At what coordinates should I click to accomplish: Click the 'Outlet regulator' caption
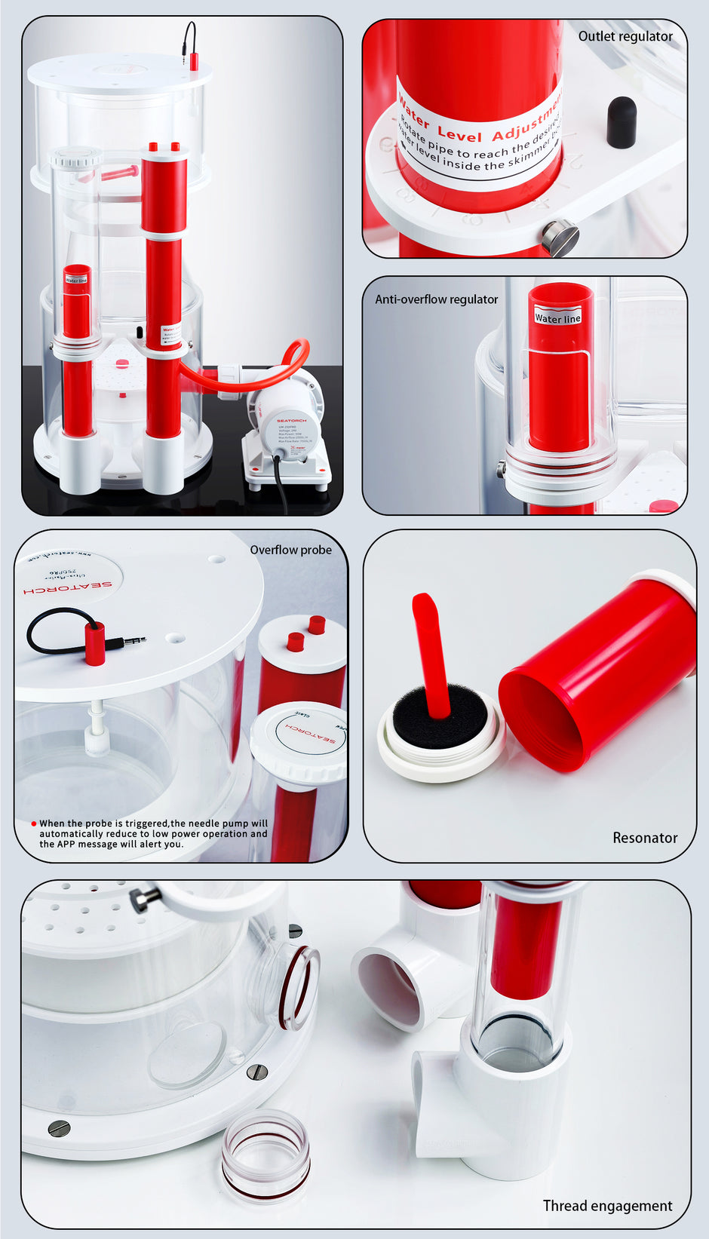[x=625, y=36]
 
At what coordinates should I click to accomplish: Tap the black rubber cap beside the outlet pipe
[x=622, y=121]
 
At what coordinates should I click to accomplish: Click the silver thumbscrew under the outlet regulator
[x=560, y=238]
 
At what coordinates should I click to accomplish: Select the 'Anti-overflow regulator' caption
[x=436, y=299]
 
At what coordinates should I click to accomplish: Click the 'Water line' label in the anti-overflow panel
[x=557, y=317]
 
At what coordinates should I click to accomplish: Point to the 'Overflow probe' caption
[x=290, y=550]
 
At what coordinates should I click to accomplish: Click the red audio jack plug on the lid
[x=95, y=643]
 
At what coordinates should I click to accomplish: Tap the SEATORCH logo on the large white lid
[x=68, y=586]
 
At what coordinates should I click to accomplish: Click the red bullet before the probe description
[x=34, y=823]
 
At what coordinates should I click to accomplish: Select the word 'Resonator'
[x=644, y=838]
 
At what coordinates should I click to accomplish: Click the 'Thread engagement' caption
[x=607, y=1205]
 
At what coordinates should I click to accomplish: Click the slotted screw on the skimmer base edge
[x=59, y=1128]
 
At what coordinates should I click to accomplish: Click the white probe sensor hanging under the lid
[x=97, y=735]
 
